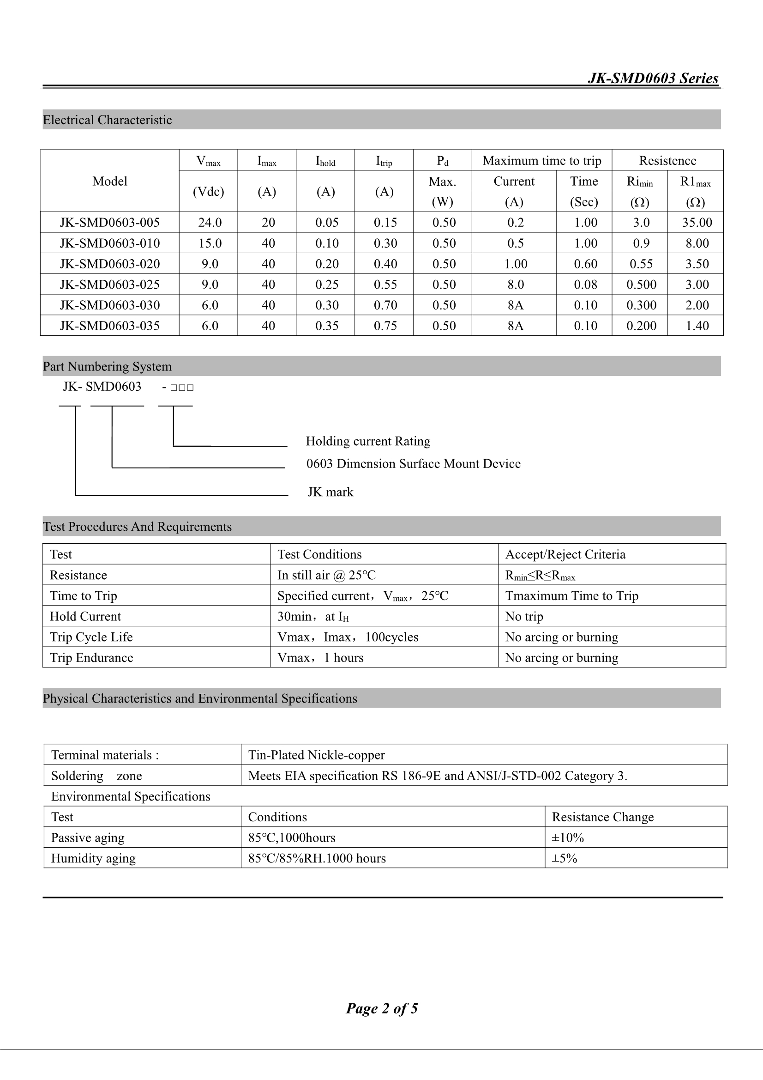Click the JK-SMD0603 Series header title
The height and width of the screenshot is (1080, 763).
tap(653, 78)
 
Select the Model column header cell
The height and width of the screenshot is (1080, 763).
tap(109, 181)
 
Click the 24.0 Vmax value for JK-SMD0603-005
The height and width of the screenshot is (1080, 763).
tap(210, 223)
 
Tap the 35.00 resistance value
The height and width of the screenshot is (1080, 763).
tap(697, 223)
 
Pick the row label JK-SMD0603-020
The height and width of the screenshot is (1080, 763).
tap(109, 264)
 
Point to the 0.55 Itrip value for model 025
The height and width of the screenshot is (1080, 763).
tap(385, 285)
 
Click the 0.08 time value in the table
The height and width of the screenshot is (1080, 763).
tap(585, 285)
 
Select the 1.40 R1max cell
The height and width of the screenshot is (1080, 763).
tap(697, 326)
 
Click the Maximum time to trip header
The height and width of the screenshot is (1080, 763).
tap(541, 161)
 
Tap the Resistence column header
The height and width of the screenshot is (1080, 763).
tap(667, 161)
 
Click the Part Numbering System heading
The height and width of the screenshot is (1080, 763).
tap(107, 366)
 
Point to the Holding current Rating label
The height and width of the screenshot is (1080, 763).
tap(368, 441)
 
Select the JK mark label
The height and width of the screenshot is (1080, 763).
tap(330, 492)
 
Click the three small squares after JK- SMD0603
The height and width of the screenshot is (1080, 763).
tap(182, 388)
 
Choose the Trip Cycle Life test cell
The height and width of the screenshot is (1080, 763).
tap(91, 637)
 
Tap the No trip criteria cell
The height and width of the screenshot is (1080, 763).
tap(524, 616)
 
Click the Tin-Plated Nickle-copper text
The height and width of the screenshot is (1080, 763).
tap(316, 755)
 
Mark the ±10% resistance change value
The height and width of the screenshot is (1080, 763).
tap(567, 838)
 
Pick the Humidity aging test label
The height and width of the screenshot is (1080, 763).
tap(93, 858)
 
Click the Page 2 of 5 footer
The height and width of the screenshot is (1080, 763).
tap(382, 1008)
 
